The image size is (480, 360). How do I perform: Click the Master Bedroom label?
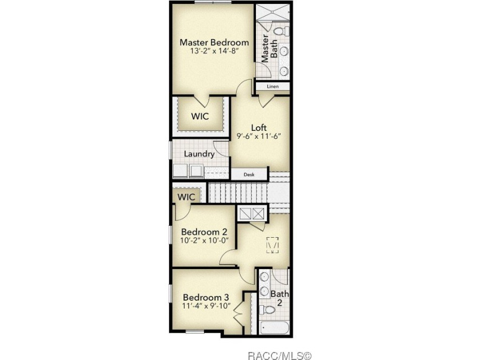[214, 42]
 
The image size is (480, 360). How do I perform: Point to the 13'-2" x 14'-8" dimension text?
[214, 51]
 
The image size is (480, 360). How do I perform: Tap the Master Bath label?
[269, 49]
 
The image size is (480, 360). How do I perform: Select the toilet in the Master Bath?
[282, 31]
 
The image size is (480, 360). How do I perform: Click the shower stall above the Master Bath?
[273, 12]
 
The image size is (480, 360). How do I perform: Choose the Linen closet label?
[273, 86]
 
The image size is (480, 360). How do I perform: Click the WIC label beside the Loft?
[200, 117]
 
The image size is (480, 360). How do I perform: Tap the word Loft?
[259, 127]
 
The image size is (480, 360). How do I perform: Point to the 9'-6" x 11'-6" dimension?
[259, 136]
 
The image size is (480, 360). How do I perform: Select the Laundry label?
[199, 154]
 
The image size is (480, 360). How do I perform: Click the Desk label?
[249, 175]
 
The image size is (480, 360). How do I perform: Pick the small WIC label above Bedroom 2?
[186, 197]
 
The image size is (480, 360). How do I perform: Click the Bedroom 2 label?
[204, 232]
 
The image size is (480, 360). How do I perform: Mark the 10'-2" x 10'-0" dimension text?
[204, 241]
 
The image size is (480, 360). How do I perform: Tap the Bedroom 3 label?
[206, 297]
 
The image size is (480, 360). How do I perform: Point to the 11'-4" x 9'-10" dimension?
[206, 306]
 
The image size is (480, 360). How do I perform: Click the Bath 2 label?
[279, 298]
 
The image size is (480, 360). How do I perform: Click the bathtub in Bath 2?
[274, 328]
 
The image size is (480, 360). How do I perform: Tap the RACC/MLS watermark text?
[279, 355]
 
